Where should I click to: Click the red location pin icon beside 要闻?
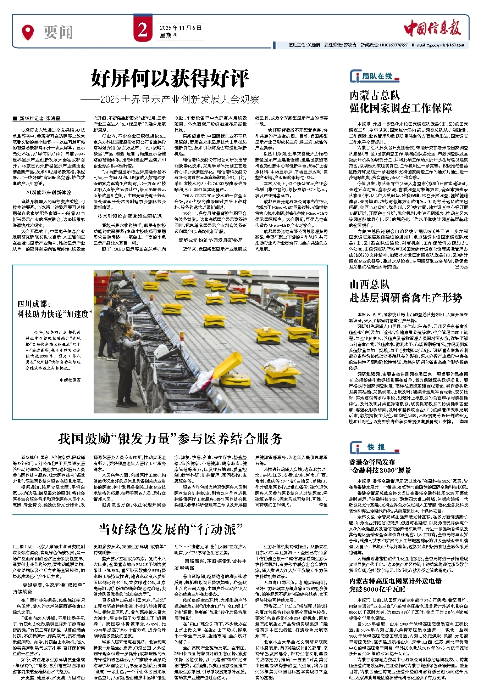[28, 32]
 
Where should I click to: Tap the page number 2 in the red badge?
[143, 30]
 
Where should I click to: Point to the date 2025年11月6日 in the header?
[180, 28]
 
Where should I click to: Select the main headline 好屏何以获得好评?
[170, 78]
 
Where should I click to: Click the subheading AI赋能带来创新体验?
[49, 192]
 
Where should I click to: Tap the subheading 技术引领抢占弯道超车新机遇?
[129, 216]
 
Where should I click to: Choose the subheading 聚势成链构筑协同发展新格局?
[211, 240]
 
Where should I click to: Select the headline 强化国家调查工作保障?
[400, 108]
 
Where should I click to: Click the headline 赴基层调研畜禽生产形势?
[406, 298]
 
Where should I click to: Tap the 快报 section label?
[376, 447]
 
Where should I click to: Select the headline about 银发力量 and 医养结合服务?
[170, 439]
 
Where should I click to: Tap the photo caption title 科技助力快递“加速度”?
[55, 314]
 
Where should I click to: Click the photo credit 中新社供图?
[70, 380]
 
